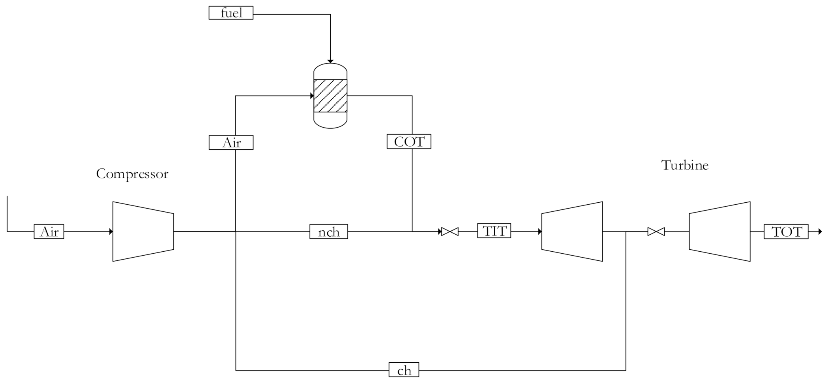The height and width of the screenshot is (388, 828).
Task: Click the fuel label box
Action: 231,13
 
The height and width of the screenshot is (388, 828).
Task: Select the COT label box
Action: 409,141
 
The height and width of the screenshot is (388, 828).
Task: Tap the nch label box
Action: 328,232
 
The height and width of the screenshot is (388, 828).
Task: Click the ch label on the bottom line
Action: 404,370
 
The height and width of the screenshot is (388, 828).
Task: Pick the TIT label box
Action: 494,231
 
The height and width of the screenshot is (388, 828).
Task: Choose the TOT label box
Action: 786,232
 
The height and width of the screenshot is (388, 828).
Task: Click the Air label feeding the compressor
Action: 49,232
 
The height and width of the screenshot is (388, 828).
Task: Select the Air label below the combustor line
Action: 231,142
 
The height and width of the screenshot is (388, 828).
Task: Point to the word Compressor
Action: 132,174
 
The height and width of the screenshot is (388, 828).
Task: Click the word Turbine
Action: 685,165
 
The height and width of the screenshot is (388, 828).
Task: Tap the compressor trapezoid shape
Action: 143,232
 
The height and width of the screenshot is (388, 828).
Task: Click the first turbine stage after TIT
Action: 572,232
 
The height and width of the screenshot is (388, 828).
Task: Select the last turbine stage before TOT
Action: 719,232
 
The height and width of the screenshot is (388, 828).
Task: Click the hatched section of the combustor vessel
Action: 330,96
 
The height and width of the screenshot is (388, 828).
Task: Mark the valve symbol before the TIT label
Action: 450,232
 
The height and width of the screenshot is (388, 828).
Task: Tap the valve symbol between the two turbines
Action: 656,232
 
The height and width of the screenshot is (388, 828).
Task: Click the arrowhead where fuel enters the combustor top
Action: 330,61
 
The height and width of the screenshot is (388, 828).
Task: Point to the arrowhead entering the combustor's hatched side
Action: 311,96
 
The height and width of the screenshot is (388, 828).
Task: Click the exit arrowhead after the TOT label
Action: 820,232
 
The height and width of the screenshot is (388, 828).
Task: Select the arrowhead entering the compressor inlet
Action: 111,232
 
